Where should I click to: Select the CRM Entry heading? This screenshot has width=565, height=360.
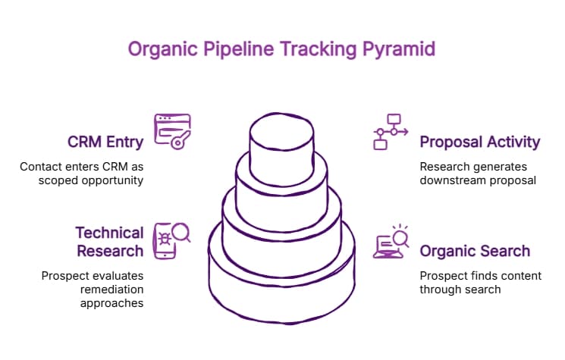[x=105, y=142]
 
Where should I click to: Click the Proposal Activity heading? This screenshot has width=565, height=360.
[x=479, y=142]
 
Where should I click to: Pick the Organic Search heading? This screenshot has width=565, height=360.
[x=475, y=251]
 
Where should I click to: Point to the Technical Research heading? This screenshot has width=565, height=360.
[x=108, y=242]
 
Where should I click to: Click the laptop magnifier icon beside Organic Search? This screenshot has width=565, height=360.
[x=392, y=242]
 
